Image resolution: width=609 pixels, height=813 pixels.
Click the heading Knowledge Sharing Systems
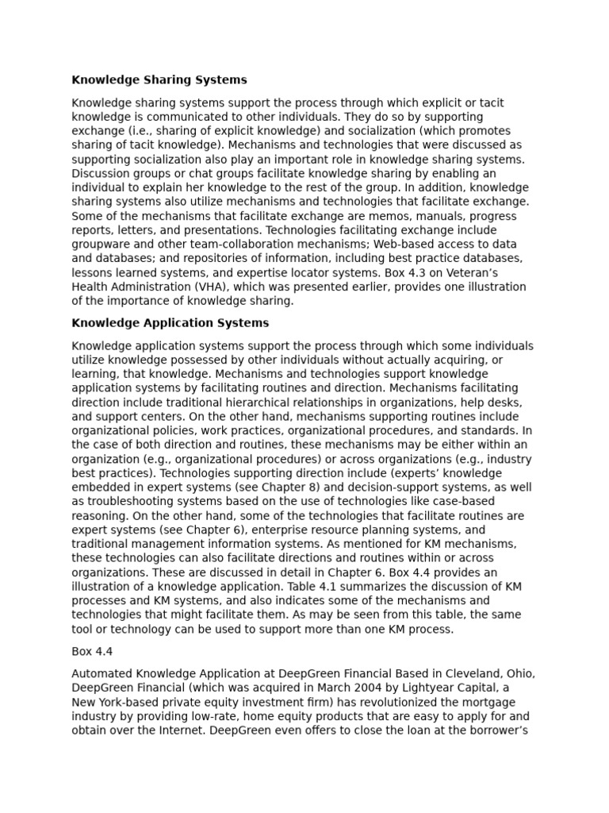[159, 80]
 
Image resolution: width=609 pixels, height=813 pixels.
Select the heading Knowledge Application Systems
[170, 323]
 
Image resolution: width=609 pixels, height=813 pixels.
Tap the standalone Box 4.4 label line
[93, 651]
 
